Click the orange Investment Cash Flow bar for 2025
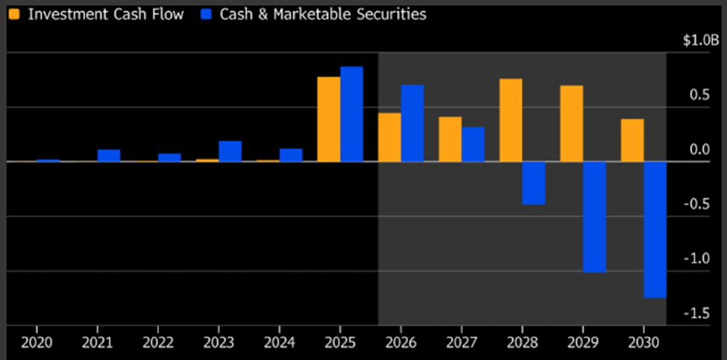tap(329, 119)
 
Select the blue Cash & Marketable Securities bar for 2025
tap(352, 114)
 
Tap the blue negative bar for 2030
tap(655, 230)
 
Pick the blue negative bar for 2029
tap(594, 217)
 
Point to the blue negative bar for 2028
tap(534, 183)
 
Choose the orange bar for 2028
tap(511, 120)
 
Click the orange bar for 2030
tap(632, 140)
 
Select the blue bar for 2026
tap(412, 123)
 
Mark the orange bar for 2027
tap(450, 139)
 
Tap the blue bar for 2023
tap(230, 151)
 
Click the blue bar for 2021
tap(109, 156)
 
